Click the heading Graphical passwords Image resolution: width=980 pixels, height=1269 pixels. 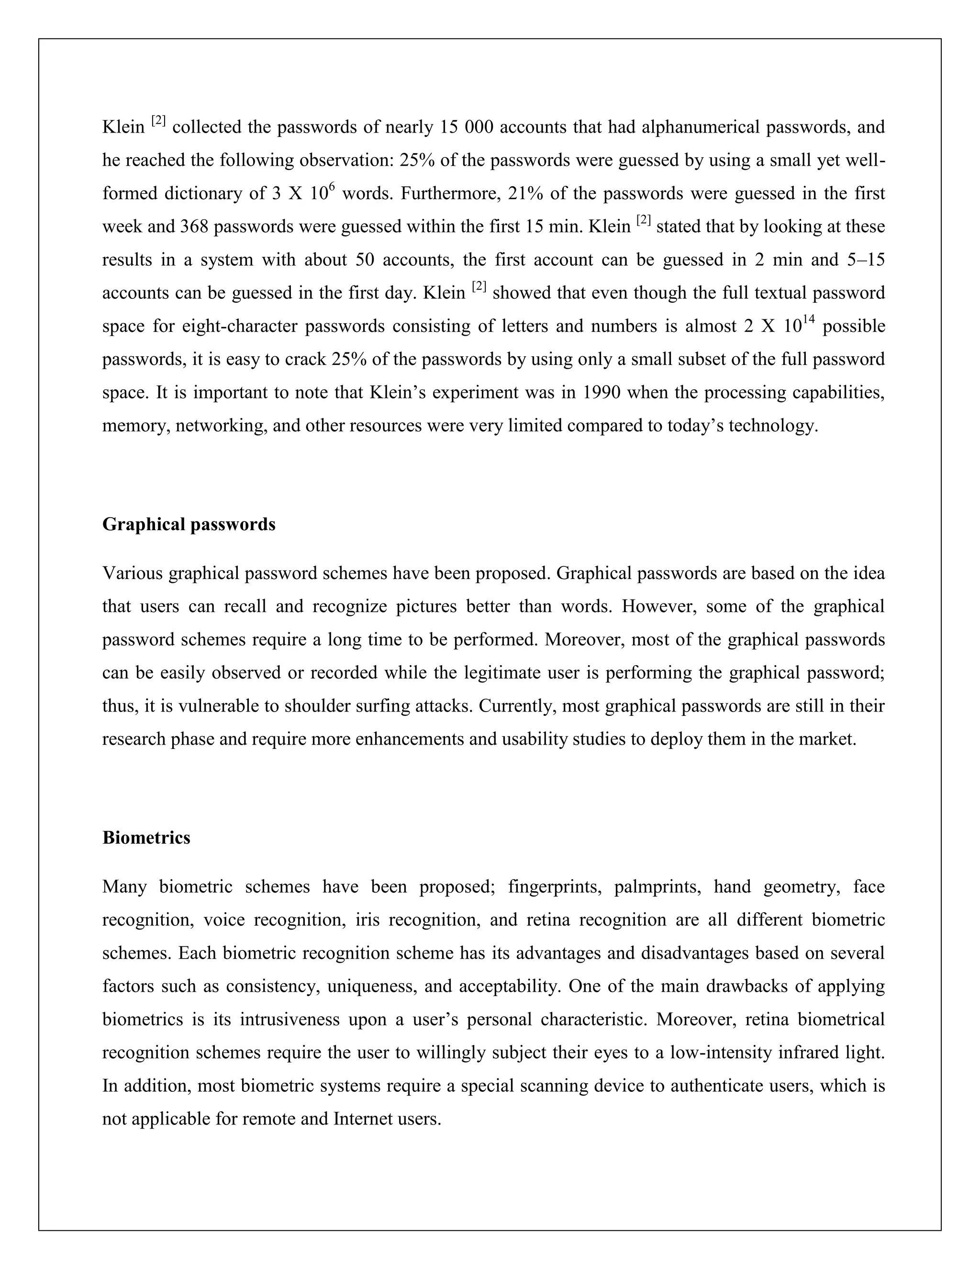[189, 525]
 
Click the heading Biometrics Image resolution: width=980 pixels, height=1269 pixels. [146, 838]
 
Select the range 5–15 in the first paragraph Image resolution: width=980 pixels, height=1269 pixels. [866, 260]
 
